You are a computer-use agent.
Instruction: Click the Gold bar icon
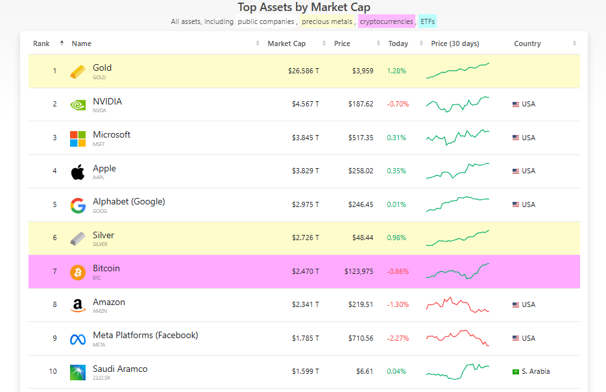pos(78,71)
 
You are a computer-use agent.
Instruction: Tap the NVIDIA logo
pos(78,104)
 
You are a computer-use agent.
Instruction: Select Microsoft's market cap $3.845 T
pos(304,138)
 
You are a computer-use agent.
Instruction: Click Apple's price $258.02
pos(360,171)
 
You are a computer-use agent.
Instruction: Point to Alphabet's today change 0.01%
pos(396,204)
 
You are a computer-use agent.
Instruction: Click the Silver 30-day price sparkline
pos(457,238)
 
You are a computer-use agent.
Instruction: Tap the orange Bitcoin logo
pos(78,272)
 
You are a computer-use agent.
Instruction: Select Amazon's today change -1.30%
pos(398,305)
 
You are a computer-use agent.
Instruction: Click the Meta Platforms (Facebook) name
pos(145,336)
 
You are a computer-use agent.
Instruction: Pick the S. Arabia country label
pos(535,372)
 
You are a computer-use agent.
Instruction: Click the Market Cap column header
pos(286,44)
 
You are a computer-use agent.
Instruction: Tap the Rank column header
pos(42,44)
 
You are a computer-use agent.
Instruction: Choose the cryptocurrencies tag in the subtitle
pos(386,21)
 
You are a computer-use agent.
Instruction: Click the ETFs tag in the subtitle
pos(428,21)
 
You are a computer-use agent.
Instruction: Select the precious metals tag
pos(328,21)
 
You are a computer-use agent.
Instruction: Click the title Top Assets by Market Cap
pos(304,7)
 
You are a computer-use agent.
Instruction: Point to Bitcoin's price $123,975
pos(359,271)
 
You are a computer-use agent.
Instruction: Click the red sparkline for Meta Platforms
pos(457,338)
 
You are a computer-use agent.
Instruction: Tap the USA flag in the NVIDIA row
pos(516,104)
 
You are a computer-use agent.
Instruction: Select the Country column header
pos(527,44)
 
